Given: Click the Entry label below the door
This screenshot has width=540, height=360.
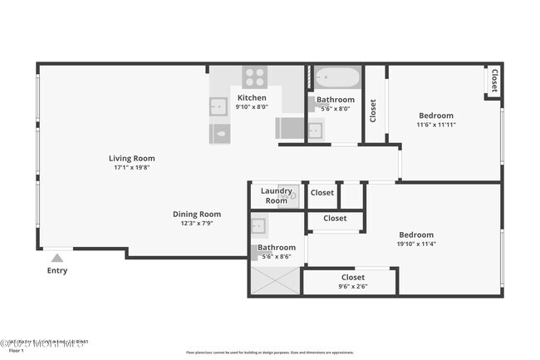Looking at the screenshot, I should pos(57,270).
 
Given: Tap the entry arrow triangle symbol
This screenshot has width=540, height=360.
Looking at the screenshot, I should pos(57,258).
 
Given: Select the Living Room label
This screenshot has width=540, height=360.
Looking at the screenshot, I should pos(131,158).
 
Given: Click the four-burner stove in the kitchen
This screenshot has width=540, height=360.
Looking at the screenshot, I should pos(254,77).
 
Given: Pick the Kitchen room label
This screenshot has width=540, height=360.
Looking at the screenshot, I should pos(253,97).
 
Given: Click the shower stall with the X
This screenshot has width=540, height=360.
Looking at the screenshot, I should pos(275,281).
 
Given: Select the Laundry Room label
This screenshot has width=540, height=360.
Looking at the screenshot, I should pos(277,195).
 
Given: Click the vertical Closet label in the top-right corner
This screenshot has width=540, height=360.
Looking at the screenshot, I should pos(493,81).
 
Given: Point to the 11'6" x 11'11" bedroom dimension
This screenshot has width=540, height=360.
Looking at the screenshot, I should pos(436,125).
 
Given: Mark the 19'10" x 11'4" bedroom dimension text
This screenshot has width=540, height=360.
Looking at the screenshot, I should pos(416,244).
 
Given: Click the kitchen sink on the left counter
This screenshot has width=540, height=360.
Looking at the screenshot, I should pos(219,106).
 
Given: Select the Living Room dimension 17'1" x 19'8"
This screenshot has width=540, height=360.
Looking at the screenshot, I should pos(131,167).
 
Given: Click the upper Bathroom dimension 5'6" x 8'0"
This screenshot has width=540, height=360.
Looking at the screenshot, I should pos(336,107).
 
